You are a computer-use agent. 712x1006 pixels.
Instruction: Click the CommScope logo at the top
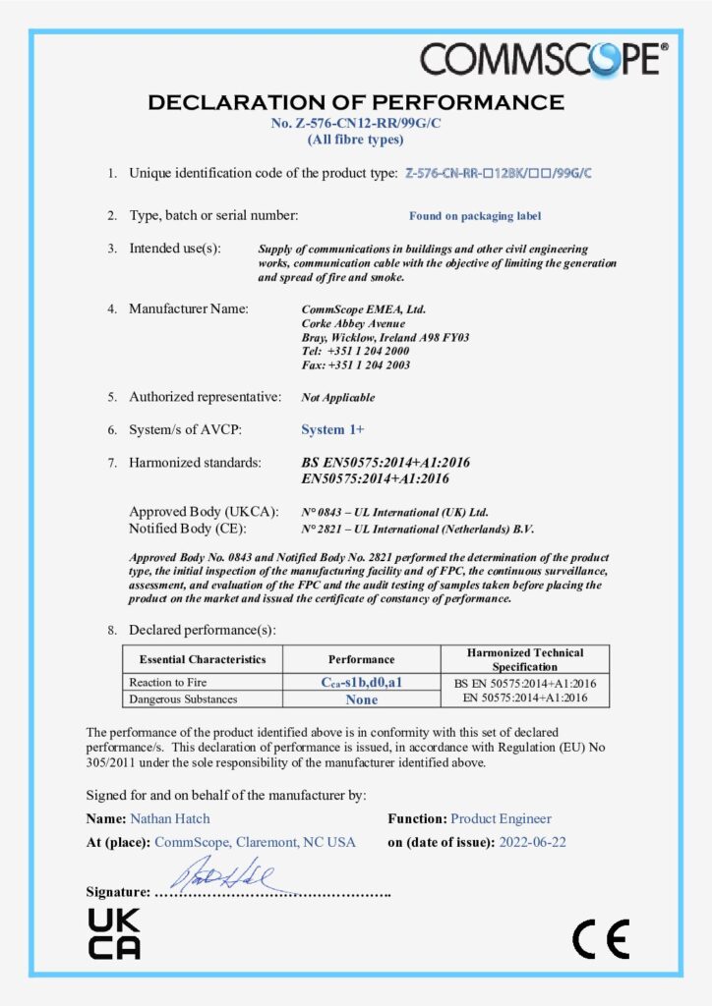click(x=544, y=60)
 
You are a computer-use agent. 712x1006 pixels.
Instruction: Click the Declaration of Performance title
click(x=355, y=102)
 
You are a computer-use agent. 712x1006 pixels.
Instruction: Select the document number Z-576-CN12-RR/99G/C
click(x=355, y=123)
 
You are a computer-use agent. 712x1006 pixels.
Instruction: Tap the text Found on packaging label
click(x=475, y=216)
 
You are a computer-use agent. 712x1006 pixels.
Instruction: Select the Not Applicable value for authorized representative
click(x=337, y=398)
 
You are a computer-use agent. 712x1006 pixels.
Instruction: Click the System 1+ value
click(x=332, y=429)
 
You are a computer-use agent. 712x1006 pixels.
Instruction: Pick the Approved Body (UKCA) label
click(x=205, y=512)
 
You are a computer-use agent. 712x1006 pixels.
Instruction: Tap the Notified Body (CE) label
click(x=199, y=529)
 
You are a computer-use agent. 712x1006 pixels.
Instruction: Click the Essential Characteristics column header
click(x=203, y=659)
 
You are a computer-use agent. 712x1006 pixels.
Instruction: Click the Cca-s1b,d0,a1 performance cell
click(x=362, y=682)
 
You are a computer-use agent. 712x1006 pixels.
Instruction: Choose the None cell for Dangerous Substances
click(x=362, y=699)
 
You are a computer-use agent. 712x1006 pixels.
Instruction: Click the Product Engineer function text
click(x=501, y=818)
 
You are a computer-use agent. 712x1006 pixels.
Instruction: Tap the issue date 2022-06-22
click(x=532, y=842)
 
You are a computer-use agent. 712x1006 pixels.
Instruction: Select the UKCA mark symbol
click(x=114, y=934)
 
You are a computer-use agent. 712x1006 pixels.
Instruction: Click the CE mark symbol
click(x=600, y=939)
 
